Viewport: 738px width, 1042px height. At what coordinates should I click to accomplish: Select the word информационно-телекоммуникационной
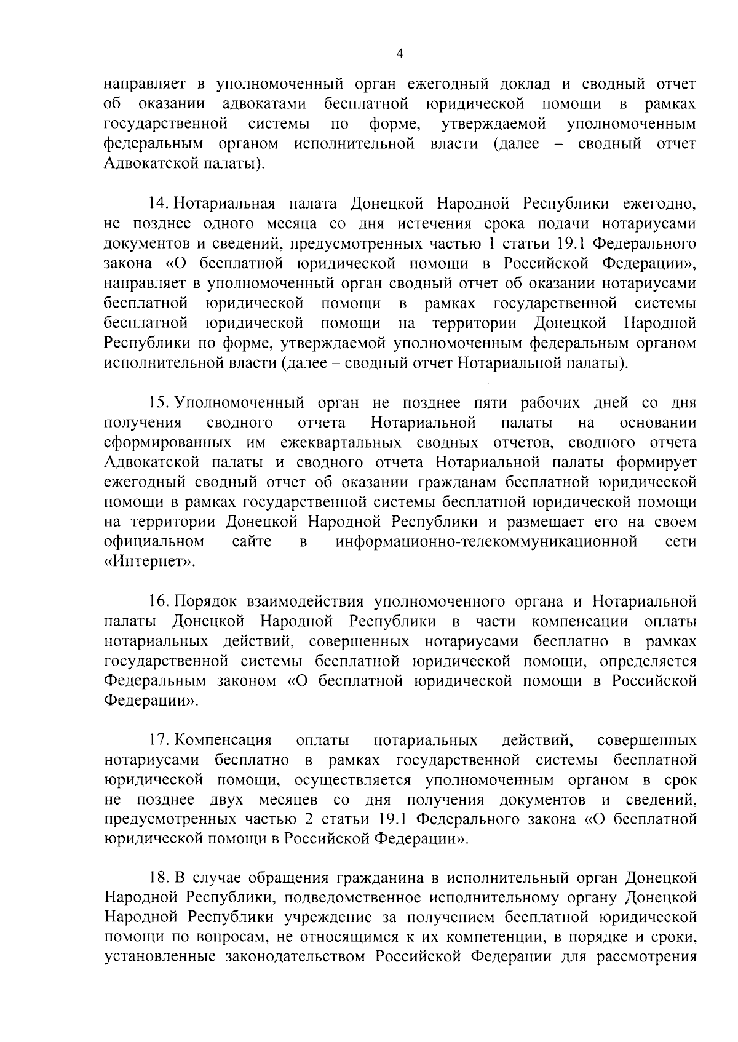coord(485,542)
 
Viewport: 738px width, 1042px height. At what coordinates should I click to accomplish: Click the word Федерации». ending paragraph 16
coord(151,701)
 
